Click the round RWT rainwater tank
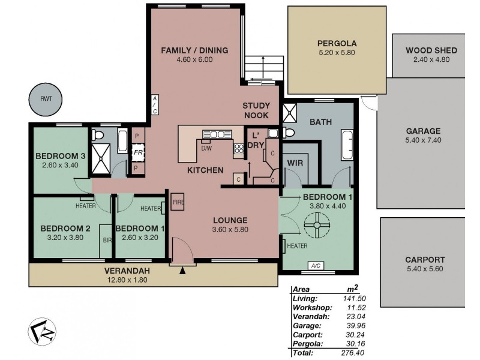pyautogui.click(x=46, y=99)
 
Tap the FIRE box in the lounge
pyautogui.click(x=178, y=202)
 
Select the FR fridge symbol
pyautogui.click(x=138, y=152)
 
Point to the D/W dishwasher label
pyautogui.click(x=206, y=148)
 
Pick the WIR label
pyautogui.click(x=295, y=163)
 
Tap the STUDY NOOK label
pyautogui.click(x=256, y=110)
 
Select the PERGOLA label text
pyautogui.click(x=337, y=43)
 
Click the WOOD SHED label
pyautogui.click(x=431, y=50)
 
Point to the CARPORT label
pyautogui.click(x=424, y=260)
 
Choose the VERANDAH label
pyautogui.click(x=127, y=270)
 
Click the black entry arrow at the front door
pyautogui.click(x=182, y=272)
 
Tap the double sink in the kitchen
pyautogui.click(x=217, y=134)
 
